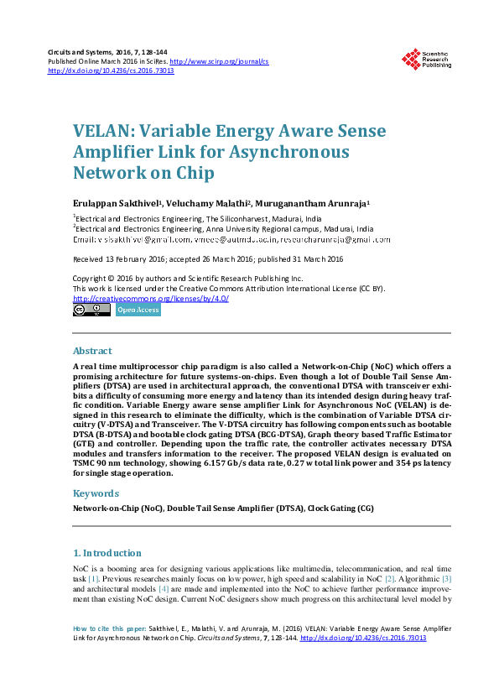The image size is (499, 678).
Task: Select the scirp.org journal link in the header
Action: point(219,61)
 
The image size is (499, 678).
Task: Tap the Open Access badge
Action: point(138,310)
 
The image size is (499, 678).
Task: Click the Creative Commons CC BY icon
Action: point(91,310)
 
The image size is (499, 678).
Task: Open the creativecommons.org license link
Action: point(138,298)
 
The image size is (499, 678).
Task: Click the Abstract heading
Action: point(92,351)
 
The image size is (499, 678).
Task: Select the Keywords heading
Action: point(95,493)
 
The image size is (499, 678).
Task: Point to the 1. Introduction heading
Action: point(107,553)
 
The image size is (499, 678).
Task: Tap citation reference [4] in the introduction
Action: point(164,589)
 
